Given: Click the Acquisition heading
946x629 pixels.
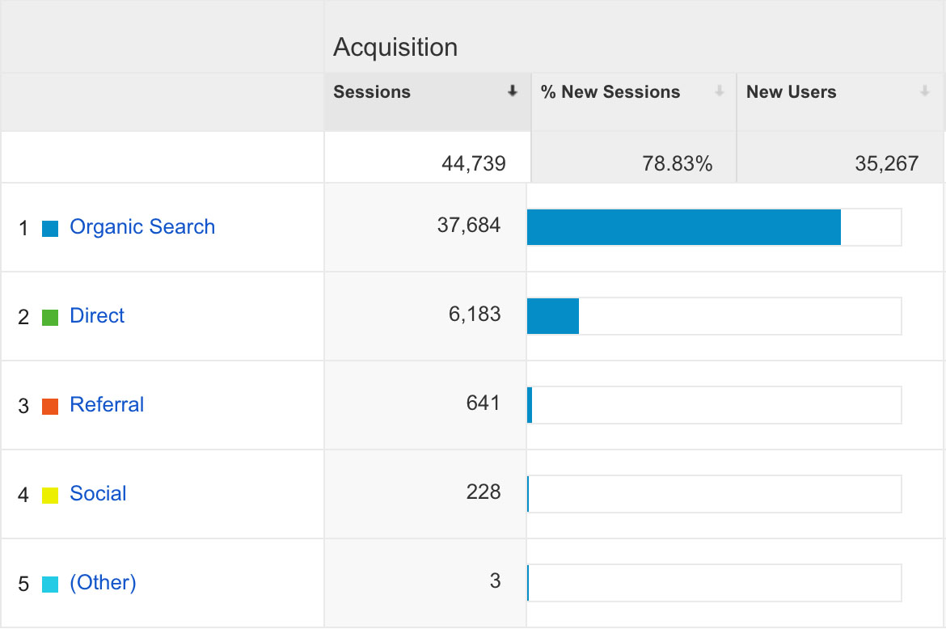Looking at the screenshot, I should pos(395,47).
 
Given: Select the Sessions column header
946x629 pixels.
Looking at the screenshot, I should pos(372,92).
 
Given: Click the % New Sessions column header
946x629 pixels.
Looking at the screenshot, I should pos(610,92).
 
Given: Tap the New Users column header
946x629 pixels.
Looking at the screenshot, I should pos(791,92).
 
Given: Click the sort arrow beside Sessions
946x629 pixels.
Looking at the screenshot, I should pos(512,92).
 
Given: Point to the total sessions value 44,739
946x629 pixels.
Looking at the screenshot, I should pos(473,163).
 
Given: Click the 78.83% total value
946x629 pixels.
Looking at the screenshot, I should pos(677,163).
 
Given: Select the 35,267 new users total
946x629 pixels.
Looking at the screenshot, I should pos(886,163).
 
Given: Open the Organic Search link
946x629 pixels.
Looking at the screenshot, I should pos(142,226).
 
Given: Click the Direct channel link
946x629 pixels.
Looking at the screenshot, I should pos(97,315).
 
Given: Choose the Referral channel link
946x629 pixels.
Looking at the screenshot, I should pos(107,404).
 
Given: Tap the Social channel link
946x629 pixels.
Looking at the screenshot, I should pos(98,493).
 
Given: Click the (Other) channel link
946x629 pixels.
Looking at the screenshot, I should pos(103,582).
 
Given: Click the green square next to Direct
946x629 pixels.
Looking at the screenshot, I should pos(50,318).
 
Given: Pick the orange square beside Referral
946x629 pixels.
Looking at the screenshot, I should pos(50,407).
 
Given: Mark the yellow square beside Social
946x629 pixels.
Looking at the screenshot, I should pos(50,496).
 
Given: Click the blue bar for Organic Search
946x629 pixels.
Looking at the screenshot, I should pos(683,227).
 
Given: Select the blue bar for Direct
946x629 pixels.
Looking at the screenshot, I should pos(553,316).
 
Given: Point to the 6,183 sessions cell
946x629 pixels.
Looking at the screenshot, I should pos(475,314).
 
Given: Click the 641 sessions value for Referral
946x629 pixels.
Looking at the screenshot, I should pos(483,403).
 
